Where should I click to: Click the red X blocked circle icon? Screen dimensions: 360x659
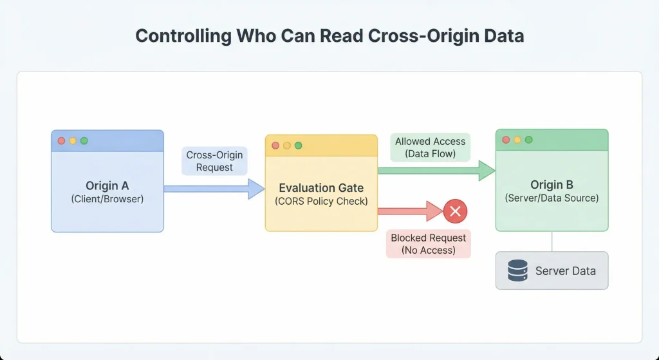click(456, 211)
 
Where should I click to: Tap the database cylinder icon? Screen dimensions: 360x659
click(517, 270)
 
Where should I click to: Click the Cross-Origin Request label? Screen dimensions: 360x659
click(214, 161)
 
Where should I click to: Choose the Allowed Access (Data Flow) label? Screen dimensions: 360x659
click(430, 147)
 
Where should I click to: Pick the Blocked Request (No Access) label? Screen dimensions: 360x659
click(428, 244)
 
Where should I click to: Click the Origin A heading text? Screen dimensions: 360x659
click(107, 186)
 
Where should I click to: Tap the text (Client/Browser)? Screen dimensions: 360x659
click(107, 199)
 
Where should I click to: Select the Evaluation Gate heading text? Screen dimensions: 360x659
click(321, 188)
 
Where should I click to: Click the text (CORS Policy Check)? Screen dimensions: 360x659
click(321, 201)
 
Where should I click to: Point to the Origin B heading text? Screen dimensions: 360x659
click(552, 185)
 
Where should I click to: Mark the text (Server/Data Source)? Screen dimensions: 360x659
click(552, 198)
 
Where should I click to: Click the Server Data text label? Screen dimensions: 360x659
click(565, 270)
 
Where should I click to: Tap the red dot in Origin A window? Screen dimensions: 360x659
click(62, 140)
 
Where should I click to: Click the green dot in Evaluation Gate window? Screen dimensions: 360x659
click(298, 146)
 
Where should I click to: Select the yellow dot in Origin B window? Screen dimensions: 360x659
click(517, 140)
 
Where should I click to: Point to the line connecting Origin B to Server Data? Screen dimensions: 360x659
click(552, 242)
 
